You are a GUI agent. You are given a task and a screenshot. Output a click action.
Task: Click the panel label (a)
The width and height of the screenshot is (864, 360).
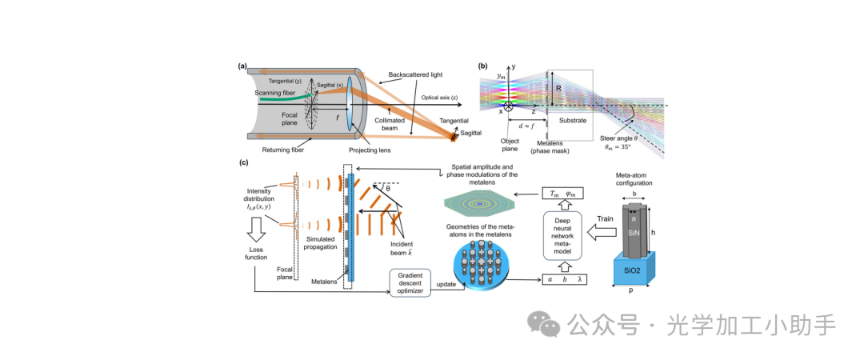tap(242, 66)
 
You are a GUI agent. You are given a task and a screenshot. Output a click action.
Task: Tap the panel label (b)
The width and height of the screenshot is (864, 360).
tap(483, 66)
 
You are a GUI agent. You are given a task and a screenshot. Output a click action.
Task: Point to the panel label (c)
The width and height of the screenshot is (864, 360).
tap(243, 162)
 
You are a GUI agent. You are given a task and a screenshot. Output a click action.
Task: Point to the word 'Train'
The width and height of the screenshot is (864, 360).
tap(606, 218)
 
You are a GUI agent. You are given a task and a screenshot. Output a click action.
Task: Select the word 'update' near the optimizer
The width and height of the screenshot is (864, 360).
tap(447, 285)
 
